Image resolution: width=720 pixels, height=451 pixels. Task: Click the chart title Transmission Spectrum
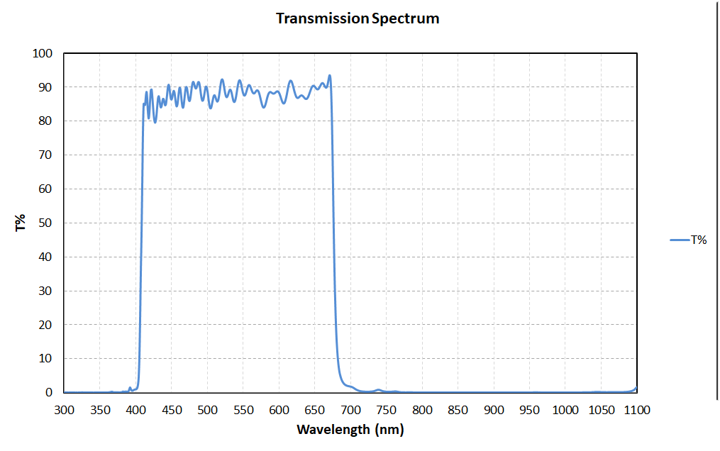[x=358, y=18]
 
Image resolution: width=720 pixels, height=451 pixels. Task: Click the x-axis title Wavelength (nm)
[x=350, y=429]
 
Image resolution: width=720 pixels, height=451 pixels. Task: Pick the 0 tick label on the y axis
[x=49, y=392]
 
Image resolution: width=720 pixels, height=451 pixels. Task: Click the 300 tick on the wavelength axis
[x=64, y=410]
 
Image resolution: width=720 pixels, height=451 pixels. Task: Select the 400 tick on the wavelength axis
[x=135, y=410]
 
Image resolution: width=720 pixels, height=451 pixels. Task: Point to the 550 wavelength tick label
[x=243, y=410]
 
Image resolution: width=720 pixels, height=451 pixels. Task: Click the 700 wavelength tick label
[x=350, y=410]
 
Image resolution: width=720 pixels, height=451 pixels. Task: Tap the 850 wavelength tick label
[x=458, y=410]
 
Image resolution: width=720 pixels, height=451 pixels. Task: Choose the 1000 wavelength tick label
[x=565, y=410]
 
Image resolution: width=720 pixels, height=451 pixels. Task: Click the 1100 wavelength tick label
[x=636, y=410]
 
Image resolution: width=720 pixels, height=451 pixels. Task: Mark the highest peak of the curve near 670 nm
[x=329, y=75]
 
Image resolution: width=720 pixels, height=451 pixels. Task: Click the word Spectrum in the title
[x=405, y=18]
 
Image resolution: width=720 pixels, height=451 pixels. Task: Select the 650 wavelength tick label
[x=314, y=410]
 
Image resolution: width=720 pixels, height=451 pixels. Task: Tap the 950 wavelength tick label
[x=529, y=410]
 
